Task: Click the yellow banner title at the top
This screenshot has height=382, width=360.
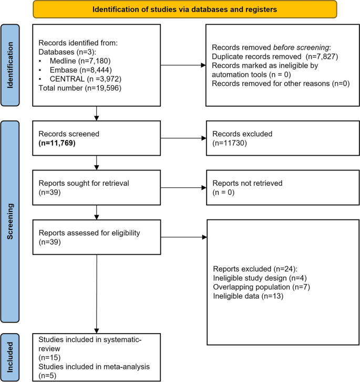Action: tap(185, 9)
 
